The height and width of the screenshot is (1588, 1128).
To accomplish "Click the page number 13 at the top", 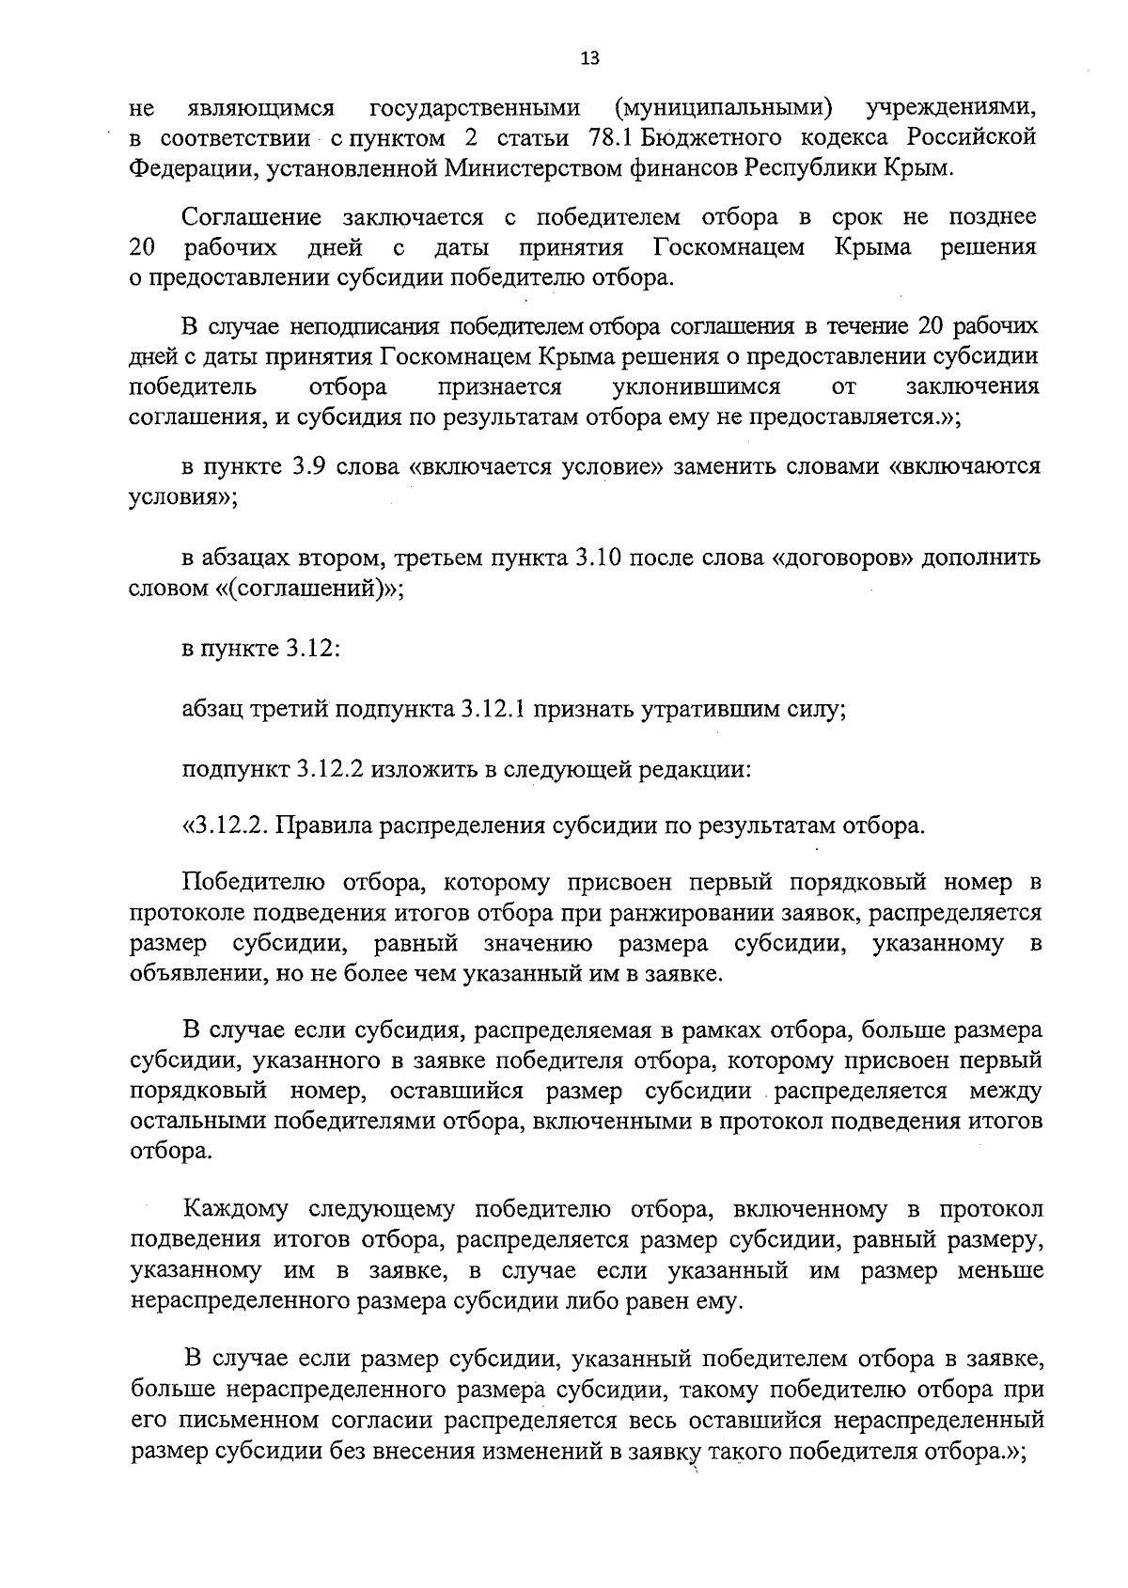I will [x=589, y=58].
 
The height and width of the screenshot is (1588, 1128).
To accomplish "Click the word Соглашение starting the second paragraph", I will [x=251, y=218].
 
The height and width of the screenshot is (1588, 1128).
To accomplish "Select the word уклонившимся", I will [x=696, y=387].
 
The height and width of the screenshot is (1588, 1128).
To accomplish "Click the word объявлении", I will [x=196, y=973].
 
